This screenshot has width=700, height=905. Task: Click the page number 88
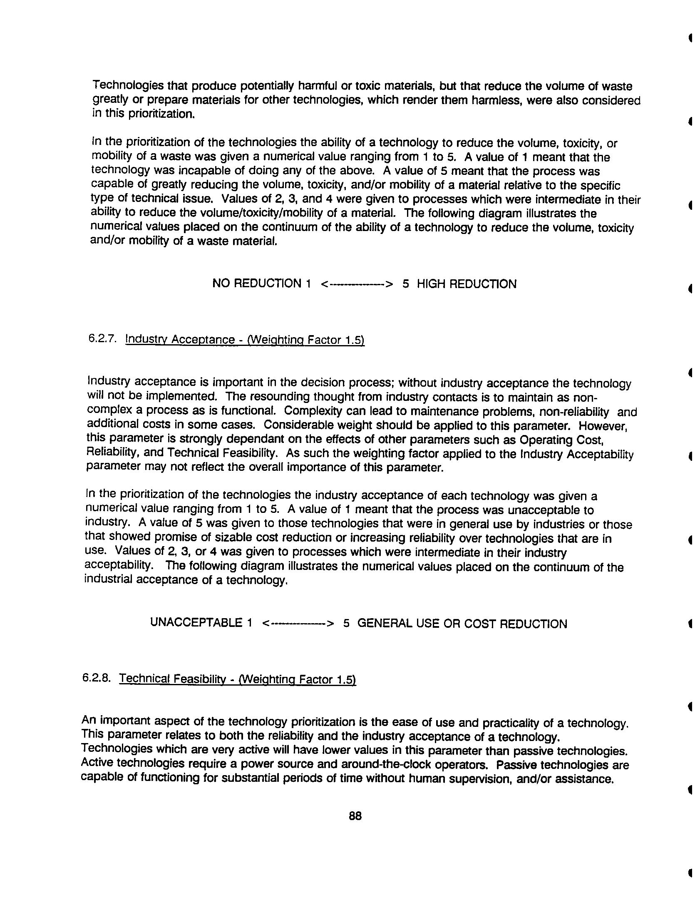click(355, 816)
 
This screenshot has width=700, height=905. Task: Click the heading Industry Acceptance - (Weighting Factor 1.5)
click(245, 340)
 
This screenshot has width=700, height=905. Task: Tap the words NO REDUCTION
click(256, 284)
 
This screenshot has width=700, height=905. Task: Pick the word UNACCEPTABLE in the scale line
click(195, 623)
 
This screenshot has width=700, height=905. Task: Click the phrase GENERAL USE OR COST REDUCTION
click(462, 624)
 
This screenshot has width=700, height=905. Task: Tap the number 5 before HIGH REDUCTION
click(406, 284)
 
